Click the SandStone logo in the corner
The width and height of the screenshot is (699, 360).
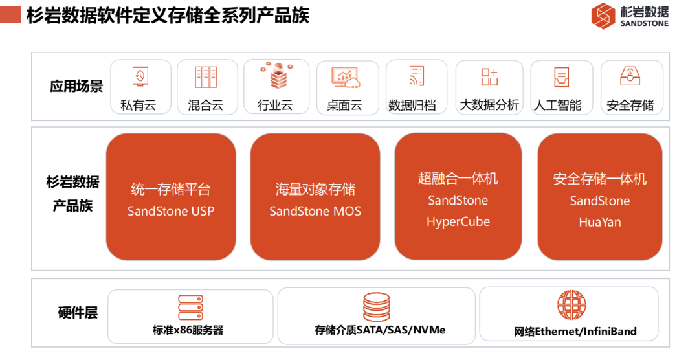click(x=630, y=16)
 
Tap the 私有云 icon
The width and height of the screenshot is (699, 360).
click(x=140, y=76)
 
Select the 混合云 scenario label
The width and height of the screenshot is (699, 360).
click(x=206, y=106)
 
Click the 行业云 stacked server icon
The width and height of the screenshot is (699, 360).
click(x=277, y=75)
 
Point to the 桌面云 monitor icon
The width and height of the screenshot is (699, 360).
click(x=346, y=78)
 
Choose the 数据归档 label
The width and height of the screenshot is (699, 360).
click(x=412, y=106)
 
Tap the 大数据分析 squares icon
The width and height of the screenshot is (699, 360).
click(x=489, y=77)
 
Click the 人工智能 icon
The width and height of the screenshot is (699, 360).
click(x=561, y=77)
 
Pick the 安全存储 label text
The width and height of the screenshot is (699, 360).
click(x=630, y=106)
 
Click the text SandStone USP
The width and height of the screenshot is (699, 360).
click(x=171, y=211)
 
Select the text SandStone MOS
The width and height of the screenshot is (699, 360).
click(x=315, y=211)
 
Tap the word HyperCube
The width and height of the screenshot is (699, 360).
click(x=458, y=221)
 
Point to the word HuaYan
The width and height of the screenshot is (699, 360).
click(x=599, y=222)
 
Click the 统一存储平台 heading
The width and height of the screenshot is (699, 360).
click(x=171, y=189)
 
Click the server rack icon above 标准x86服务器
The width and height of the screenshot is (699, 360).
click(x=190, y=308)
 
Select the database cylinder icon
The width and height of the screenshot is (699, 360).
click(x=376, y=306)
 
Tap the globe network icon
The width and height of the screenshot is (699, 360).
click(x=571, y=306)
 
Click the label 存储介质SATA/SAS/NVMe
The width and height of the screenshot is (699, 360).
click(x=380, y=330)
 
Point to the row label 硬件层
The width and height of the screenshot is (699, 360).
click(x=78, y=312)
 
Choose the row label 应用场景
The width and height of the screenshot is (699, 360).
click(x=76, y=86)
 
